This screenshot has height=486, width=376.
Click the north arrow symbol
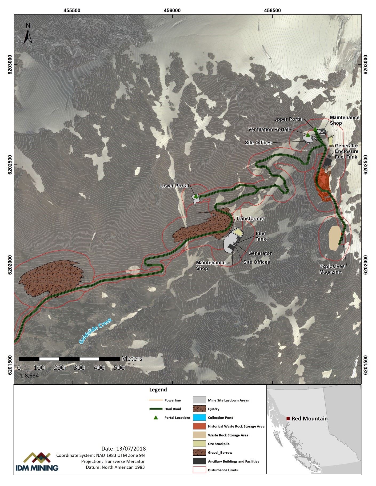pos(28,34)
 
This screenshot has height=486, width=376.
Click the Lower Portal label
pos(174,186)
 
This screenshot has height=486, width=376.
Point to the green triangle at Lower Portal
pos(196,196)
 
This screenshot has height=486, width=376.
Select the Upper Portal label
pos(288,119)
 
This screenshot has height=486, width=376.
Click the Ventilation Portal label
pos(268,129)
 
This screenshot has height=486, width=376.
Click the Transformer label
pos(250,218)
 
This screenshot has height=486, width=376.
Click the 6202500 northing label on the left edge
pos(10,165)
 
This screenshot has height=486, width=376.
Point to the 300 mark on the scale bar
pos(79,368)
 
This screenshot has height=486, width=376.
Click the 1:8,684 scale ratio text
pos(29,376)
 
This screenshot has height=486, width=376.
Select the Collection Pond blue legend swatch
pos(199,418)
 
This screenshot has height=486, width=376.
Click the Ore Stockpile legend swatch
pos(199,444)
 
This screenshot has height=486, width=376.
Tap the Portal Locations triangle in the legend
pos(156,418)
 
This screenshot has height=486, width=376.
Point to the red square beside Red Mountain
pos(288,419)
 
